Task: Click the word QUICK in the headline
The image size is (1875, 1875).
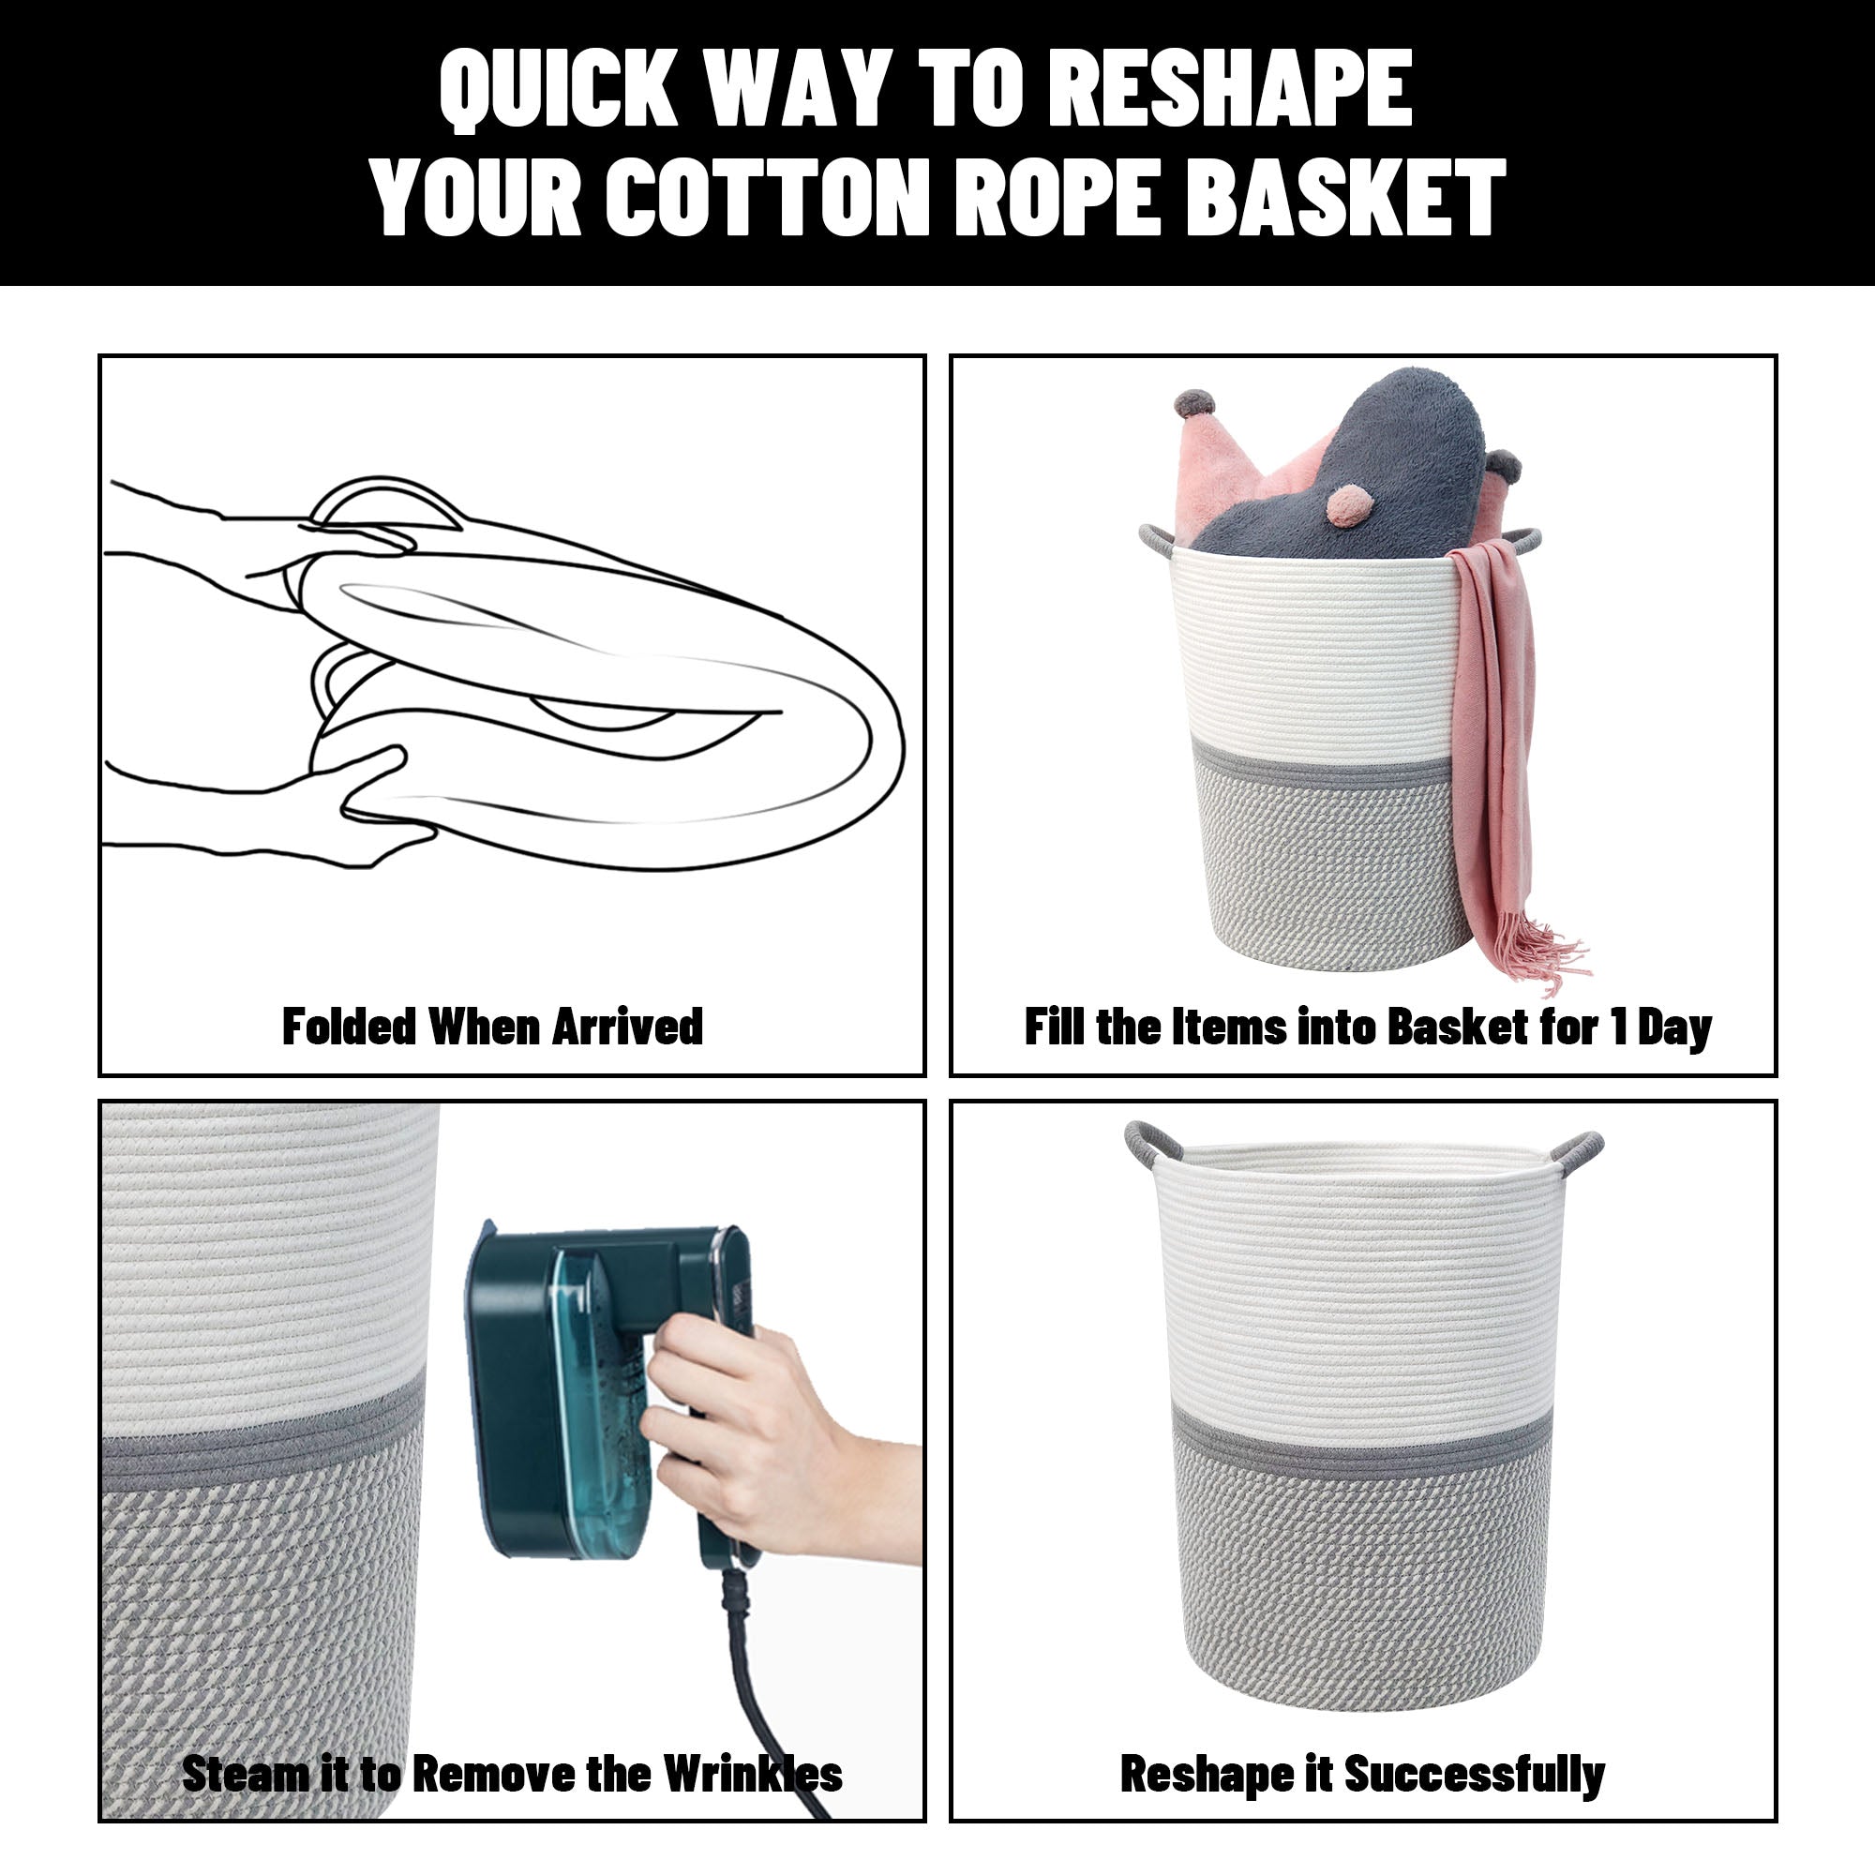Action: tap(558, 89)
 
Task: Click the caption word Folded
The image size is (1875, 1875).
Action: tap(349, 1027)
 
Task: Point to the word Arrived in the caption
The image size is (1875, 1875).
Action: tap(628, 1027)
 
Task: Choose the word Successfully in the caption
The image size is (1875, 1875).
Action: tap(1474, 1775)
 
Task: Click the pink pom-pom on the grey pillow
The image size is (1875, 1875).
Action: tap(1348, 505)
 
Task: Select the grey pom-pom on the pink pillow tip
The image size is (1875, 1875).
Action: tap(1194, 403)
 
